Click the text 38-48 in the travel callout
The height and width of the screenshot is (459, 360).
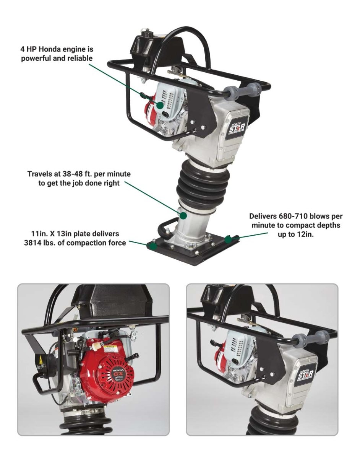(x=71, y=174)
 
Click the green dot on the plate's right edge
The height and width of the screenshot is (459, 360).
(x=229, y=239)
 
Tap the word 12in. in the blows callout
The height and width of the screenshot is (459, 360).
(x=304, y=233)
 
